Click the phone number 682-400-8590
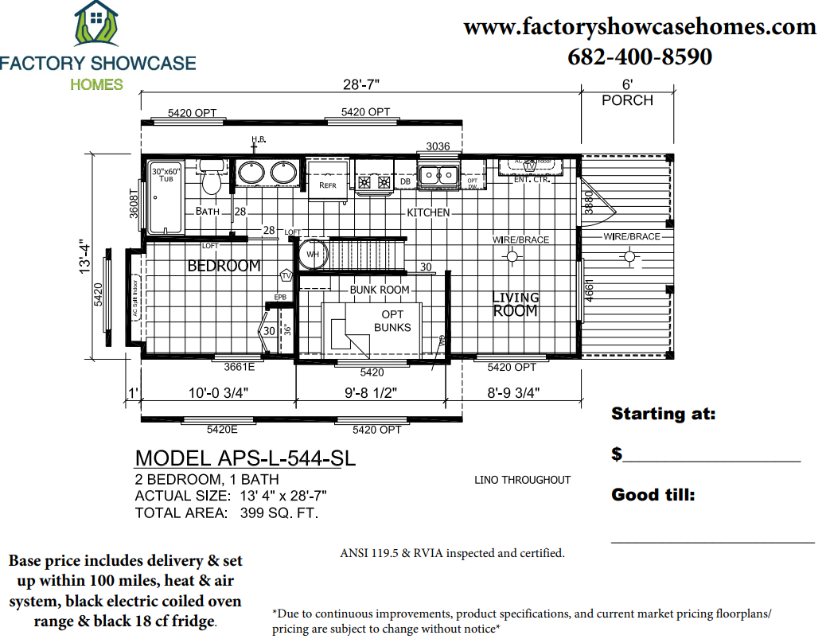coord(640,57)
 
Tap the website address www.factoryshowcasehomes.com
coord(640,27)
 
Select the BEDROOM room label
coord(224,266)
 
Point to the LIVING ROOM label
coord(516,304)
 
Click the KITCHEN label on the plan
coord(428,212)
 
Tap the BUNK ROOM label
coord(380,290)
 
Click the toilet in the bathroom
coord(211,181)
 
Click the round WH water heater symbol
coord(312,255)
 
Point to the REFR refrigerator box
coord(328,177)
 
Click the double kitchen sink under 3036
coord(438,174)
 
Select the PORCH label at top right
coord(627,100)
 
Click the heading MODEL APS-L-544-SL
coord(245,458)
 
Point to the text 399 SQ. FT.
coord(279,513)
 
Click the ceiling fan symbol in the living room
coord(512,256)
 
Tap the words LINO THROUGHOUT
coord(522,480)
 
